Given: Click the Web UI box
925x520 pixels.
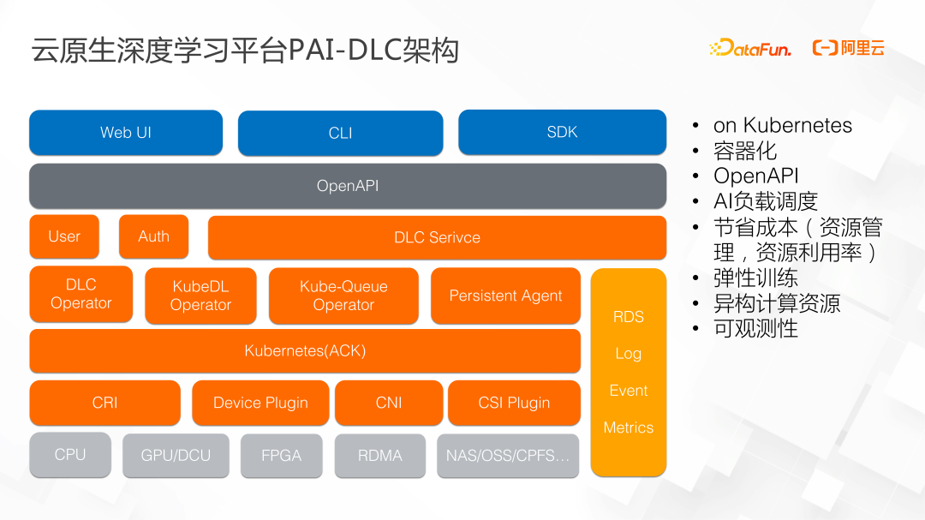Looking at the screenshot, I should pos(126,132).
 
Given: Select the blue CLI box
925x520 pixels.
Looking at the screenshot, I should pos(340,133).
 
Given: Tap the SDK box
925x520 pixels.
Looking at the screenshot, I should pos(562,132).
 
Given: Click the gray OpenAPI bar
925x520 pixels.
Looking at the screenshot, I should pos(347,186).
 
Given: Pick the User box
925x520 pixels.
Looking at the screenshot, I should pos(64,236).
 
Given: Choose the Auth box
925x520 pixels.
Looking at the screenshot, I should pos(153,236).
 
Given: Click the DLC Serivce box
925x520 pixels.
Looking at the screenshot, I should pos(437,237).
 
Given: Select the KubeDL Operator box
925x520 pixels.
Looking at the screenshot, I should pos(200,296).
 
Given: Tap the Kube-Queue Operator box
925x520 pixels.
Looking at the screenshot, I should pos(343,296).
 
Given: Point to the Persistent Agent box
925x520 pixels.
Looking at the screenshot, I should pos(505,296).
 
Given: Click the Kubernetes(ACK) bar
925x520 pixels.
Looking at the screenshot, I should pos(305,350).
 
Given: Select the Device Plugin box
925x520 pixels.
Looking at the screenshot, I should pos(260,403).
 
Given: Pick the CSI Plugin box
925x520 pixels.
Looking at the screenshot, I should pos(514,403).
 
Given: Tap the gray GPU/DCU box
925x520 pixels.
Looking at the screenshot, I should pos(176,456).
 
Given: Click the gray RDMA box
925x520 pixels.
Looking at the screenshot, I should pos(379,456).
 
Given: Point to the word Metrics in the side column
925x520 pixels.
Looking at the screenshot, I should pos(628,427).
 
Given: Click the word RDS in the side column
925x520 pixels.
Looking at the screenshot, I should pos(628,317).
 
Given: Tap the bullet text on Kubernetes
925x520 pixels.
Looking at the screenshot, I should pos(782,126).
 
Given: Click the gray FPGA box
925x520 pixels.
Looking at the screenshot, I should pos(281,456).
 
